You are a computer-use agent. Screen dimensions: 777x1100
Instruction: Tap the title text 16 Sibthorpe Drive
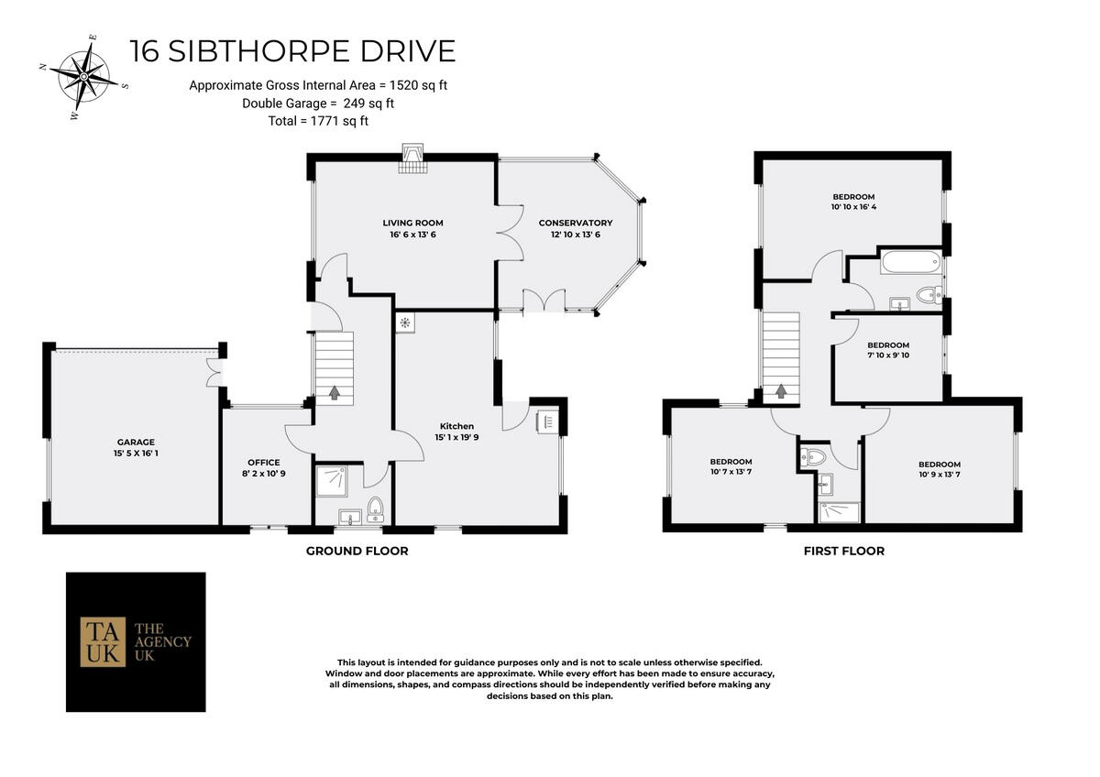click(x=292, y=50)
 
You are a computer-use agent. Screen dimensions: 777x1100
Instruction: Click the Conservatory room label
click(x=576, y=223)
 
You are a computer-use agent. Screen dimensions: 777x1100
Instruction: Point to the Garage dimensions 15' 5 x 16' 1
click(x=136, y=453)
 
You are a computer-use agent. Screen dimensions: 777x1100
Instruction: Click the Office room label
click(x=263, y=462)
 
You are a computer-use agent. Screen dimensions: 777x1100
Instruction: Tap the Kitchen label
click(x=456, y=426)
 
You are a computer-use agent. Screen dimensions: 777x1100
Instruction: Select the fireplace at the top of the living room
click(x=413, y=160)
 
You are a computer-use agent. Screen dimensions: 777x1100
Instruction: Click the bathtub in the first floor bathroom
click(x=909, y=264)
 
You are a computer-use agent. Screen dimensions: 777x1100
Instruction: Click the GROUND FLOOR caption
click(x=357, y=551)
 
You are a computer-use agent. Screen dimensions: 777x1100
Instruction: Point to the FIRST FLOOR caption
click(x=843, y=551)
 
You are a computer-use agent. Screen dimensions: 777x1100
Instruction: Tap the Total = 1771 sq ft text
click(x=306, y=120)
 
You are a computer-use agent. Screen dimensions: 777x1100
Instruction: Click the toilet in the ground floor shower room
click(x=374, y=508)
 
